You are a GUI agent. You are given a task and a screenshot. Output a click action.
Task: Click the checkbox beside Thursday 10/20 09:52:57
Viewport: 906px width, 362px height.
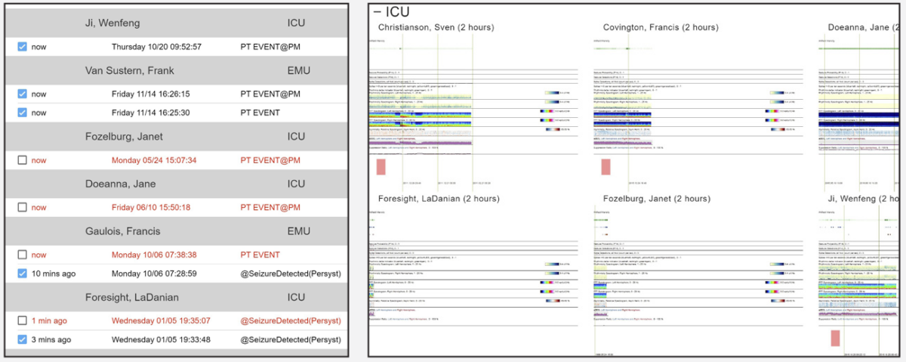(22, 47)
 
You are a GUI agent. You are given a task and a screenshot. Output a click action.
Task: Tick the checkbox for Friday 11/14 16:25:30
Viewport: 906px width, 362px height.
(22, 113)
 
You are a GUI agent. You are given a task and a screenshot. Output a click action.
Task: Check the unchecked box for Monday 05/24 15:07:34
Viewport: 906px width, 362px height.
(22, 160)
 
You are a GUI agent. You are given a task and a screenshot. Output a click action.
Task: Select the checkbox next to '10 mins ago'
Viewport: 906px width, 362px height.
(22, 273)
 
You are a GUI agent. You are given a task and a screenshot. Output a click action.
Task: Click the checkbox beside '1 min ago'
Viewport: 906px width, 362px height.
(22, 320)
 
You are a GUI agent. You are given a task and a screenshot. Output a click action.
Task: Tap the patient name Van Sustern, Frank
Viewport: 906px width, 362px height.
(129, 70)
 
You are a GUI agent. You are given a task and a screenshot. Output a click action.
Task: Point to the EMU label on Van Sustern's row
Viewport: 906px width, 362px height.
(298, 70)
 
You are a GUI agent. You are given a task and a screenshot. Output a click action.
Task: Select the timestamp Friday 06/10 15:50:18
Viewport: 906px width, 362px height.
(150, 207)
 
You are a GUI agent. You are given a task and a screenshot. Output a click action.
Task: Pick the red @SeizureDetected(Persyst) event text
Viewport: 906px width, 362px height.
(290, 320)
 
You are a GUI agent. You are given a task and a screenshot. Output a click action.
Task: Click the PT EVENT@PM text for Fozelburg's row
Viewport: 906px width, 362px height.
(270, 160)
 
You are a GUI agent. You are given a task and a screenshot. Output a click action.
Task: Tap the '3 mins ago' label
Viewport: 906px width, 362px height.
(51, 339)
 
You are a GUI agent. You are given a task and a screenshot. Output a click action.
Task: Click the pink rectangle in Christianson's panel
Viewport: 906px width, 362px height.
(381, 167)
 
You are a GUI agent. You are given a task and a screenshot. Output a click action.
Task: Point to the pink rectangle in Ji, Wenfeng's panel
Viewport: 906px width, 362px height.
(835, 338)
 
